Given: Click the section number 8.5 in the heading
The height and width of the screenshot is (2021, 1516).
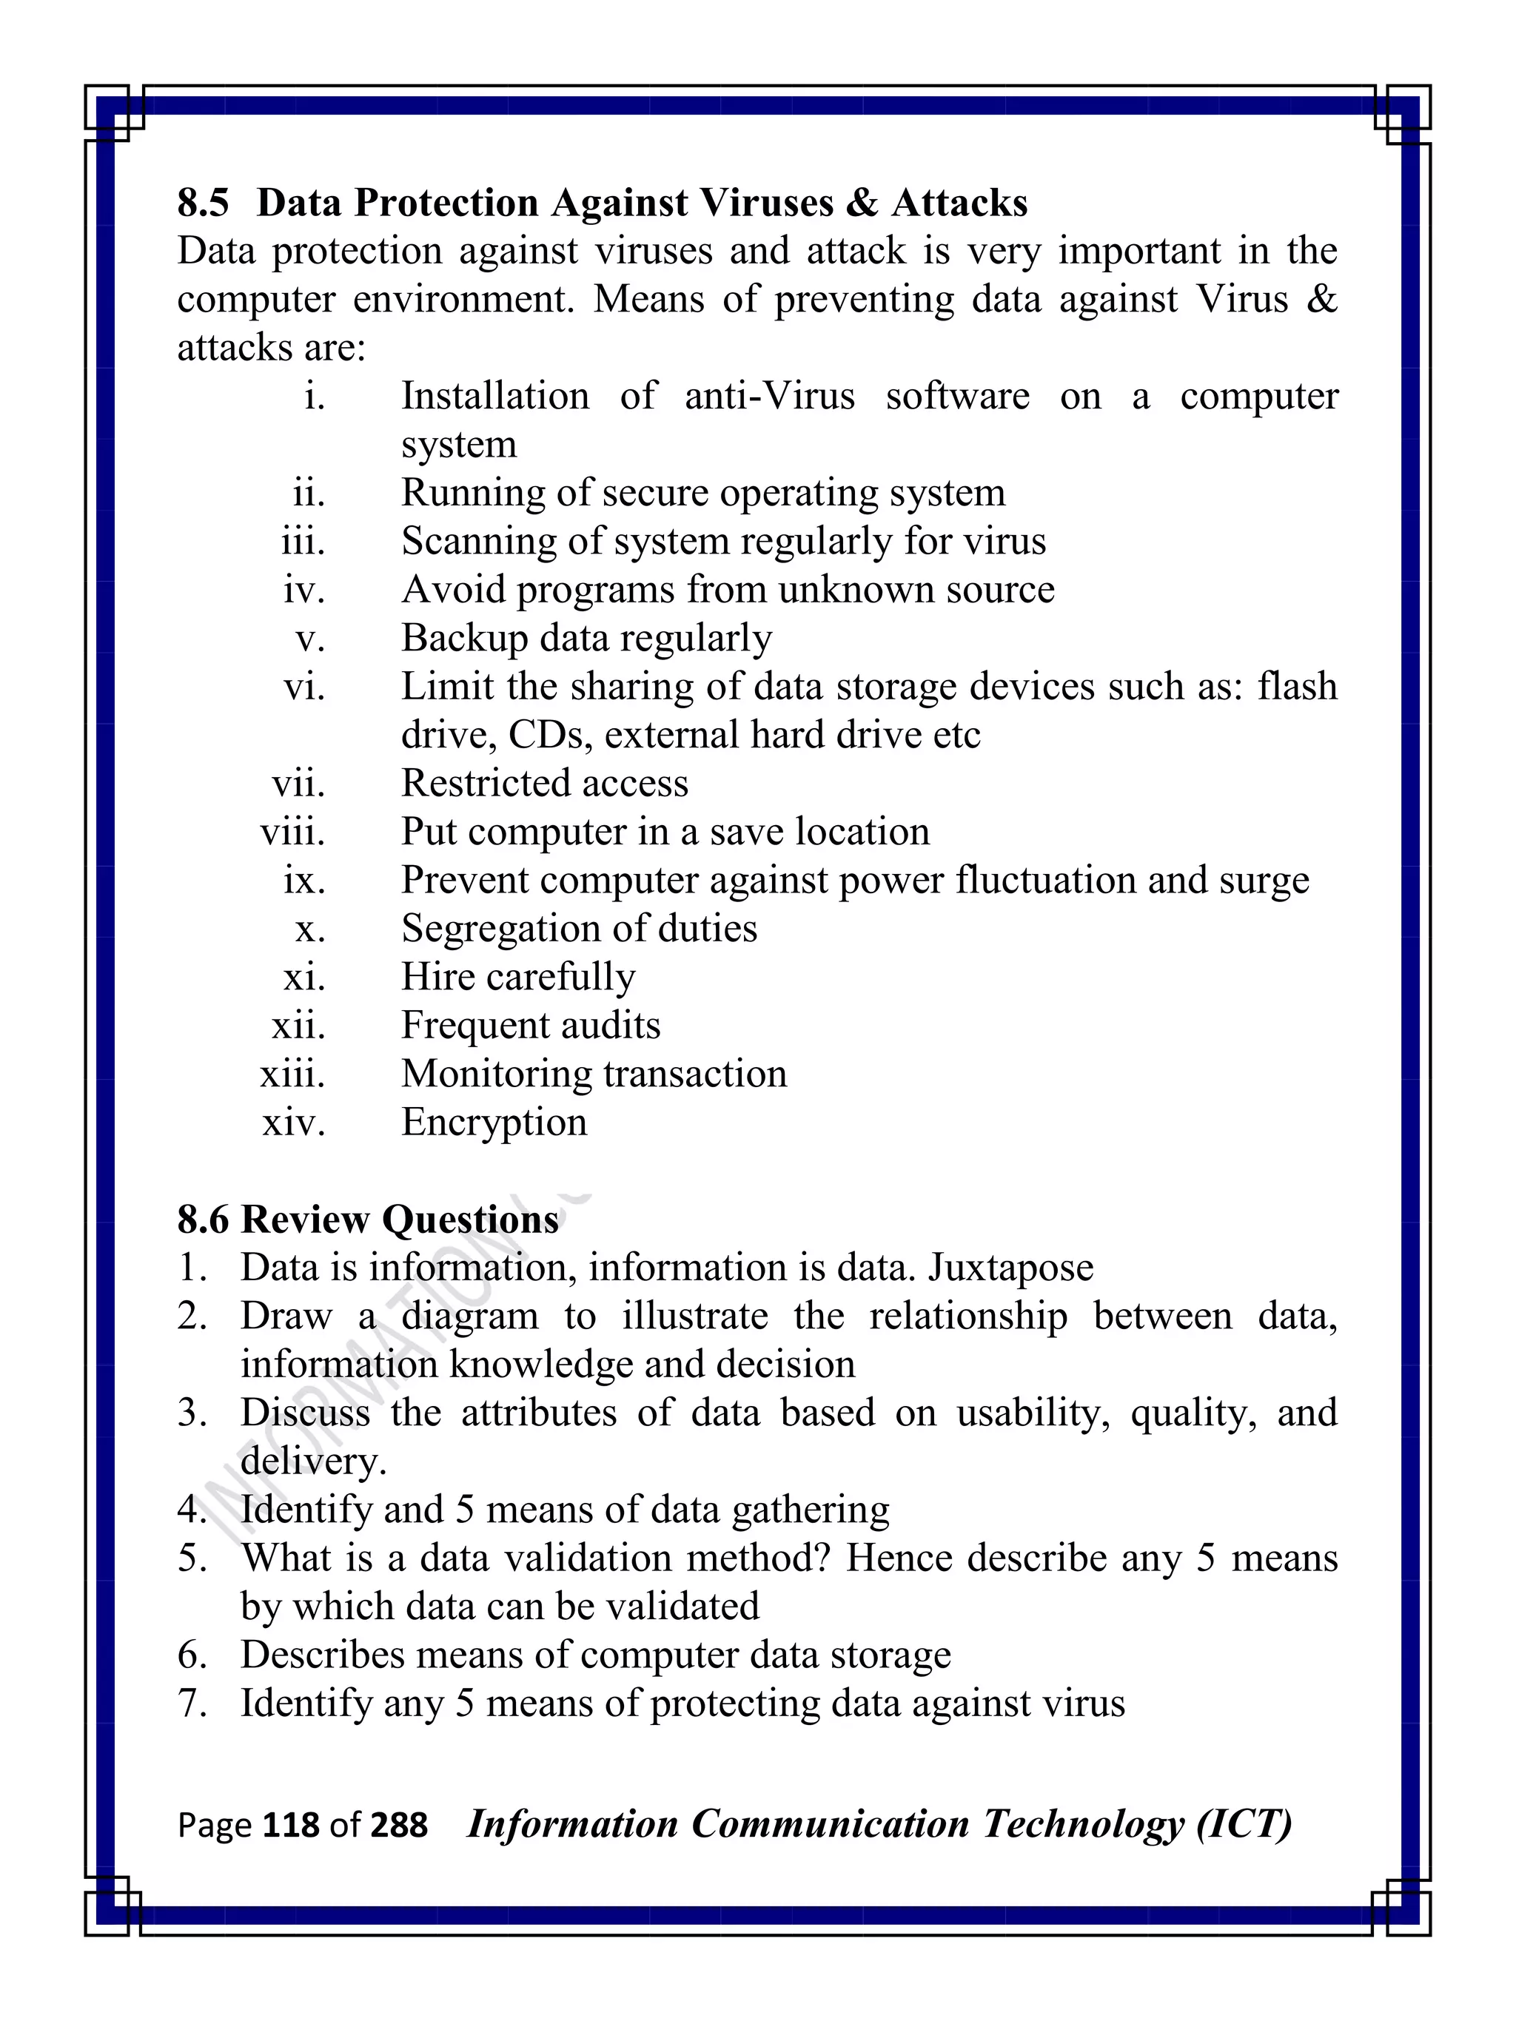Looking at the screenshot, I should pos(203,203).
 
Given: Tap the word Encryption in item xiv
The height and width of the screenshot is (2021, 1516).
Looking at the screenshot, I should pos(494,1122).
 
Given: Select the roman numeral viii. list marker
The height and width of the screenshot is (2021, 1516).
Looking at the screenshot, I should pos(292,833).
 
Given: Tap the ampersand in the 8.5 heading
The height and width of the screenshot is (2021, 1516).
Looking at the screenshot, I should pos(861,203).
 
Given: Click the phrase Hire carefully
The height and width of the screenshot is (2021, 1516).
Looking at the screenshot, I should pos(518,978).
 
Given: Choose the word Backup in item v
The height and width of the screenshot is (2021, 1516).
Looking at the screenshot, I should pos(463,639).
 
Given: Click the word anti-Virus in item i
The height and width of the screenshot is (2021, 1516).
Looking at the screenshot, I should pos(769,397).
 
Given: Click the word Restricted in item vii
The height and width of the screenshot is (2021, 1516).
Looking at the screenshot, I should pos(483,784).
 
